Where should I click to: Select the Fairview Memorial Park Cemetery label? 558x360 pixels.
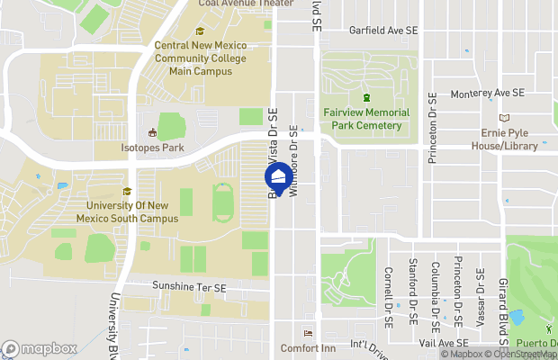[365, 119]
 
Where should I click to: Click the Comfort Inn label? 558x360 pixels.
[308, 348]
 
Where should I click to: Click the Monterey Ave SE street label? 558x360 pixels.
[487, 93]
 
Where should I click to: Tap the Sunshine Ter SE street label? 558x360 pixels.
[189, 286]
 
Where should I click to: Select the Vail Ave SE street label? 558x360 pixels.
[439, 343]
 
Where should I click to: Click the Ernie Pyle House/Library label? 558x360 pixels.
[509, 139]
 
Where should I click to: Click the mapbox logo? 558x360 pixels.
[39, 348]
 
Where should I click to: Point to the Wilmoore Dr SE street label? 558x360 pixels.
[293, 158]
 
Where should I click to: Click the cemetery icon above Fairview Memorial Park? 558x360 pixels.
[365, 97]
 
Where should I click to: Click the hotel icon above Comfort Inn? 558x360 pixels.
[308, 333]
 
